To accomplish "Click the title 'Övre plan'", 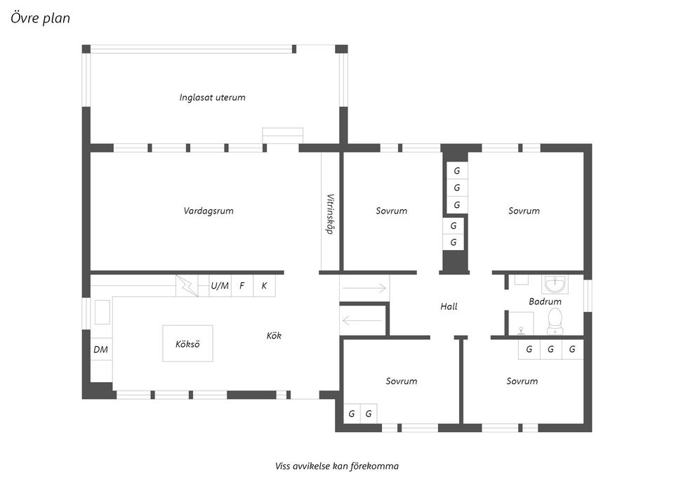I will click(x=40, y=18).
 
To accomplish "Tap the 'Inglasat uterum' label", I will click(x=212, y=98).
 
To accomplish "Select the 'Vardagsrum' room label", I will click(x=209, y=211).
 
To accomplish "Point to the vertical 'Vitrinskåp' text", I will click(x=330, y=214).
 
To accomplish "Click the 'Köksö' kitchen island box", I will click(x=187, y=344).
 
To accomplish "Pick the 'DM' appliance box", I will click(x=100, y=349).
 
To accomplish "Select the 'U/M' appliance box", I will click(x=220, y=286).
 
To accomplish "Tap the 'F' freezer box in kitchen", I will click(x=242, y=286).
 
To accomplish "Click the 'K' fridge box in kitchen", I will click(x=264, y=286).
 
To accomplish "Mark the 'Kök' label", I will click(x=274, y=336).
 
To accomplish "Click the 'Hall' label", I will click(x=449, y=306).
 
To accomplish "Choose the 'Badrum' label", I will click(x=545, y=301).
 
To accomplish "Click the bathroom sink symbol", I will click(x=555, y=285).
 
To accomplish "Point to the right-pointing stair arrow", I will click(x=364, y=287).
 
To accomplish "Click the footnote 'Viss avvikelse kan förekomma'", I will click(x=337, y=466).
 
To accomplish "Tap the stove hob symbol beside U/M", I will click(x=187, y=285).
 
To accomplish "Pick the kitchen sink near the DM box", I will click(x=102, y=312).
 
